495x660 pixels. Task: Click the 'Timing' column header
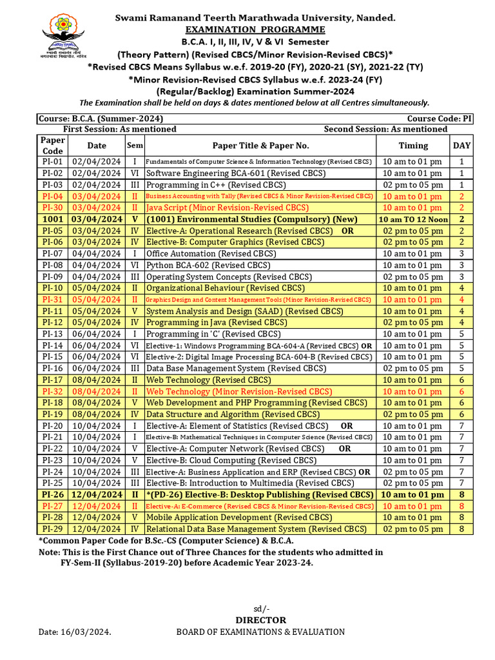(x=412, y=146)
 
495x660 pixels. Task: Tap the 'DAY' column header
(x=461, y=146)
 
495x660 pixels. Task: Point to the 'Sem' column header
(x=135, y=146)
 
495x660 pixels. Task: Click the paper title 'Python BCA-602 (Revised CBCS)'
(x=208, y=265)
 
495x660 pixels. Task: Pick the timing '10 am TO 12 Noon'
(x=412, y=219)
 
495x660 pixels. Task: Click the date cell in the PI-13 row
(x=97, y=334)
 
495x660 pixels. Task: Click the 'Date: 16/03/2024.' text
(x=75, y=632)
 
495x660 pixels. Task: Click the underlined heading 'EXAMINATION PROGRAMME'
(x=255, y=30)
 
